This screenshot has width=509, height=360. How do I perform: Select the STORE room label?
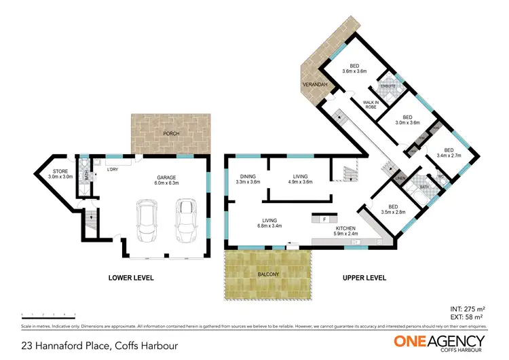coord(59,173)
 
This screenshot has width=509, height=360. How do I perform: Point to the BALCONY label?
coord(267,274)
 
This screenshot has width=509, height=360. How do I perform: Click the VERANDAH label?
coord(316,84)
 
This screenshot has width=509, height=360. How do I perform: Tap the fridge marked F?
coord(325,219)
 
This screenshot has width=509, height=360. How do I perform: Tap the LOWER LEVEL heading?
coord(131,278)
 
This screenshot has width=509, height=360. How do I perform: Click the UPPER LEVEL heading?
coord(364,278)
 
